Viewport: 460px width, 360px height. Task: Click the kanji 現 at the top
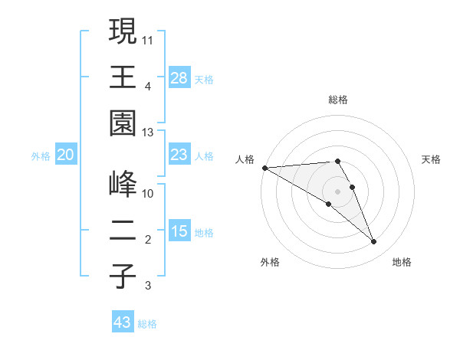coord(123,33)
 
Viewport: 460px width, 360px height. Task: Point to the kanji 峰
coord(123,185)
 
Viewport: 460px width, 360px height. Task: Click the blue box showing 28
coord(179,77)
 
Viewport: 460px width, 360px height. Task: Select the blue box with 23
coord(179,155)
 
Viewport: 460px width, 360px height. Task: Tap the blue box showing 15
coord(179,231)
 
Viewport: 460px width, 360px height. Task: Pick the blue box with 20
coord(66,155)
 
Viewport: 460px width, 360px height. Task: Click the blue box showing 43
coord(123,322)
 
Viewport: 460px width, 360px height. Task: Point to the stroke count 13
coord(149,133)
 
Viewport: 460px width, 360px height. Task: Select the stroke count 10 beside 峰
coord(148,193)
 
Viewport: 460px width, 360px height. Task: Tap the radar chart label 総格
coord(338,100)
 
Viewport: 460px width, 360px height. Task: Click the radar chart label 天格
coord(431,159)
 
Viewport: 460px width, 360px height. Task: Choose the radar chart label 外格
coord(270,262)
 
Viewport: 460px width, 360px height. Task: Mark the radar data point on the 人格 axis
coord(264,167)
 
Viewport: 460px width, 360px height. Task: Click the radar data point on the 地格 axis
coord(374,242)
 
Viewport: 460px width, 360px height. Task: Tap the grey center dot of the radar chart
coord(338,191)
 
